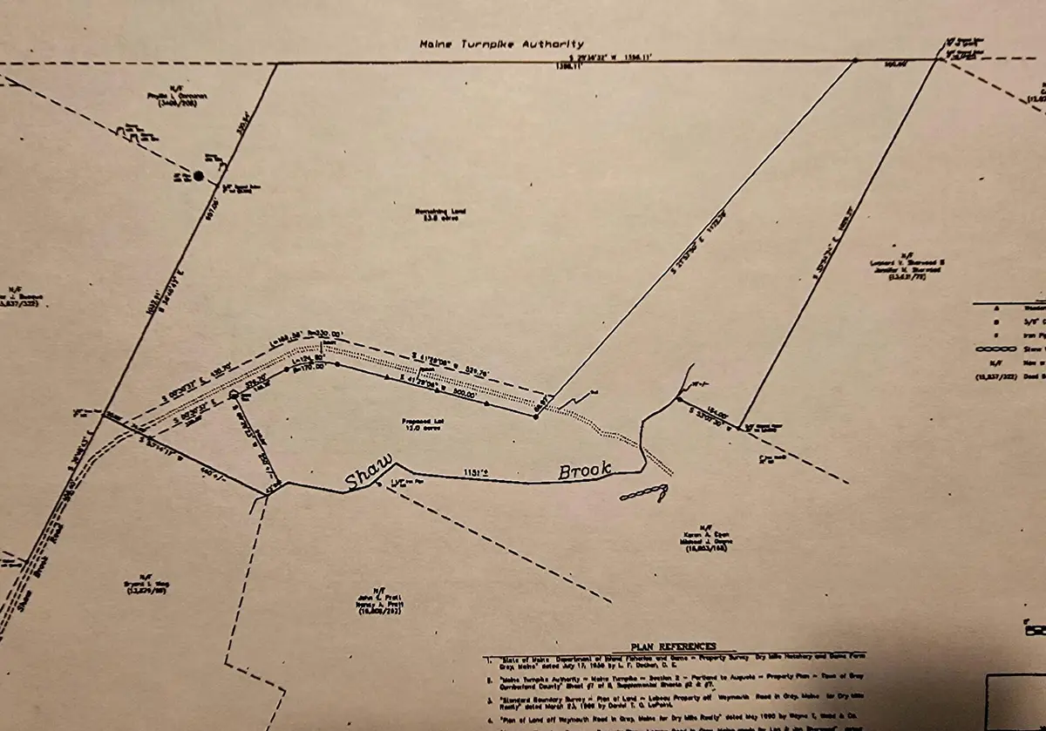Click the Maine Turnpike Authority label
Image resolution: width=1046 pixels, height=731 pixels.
tap(501, 44)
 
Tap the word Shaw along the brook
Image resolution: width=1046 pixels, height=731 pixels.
tap(367, 471)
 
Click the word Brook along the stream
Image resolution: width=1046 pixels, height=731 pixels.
tap(585, 470)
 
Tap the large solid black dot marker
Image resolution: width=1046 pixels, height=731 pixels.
tap(199, 176)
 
